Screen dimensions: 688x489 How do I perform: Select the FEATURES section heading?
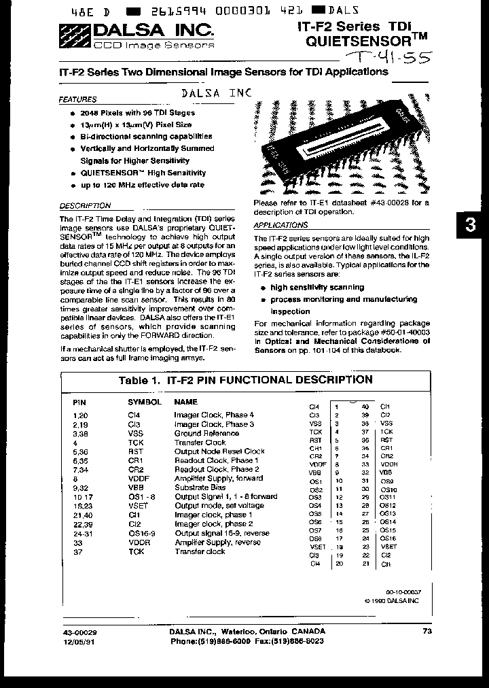click(x=77, y=99)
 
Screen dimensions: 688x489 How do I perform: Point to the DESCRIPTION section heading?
click(x=85, y=205)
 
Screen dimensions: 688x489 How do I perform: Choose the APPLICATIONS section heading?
click(x=280, y=224)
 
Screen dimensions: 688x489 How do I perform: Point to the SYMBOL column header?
click(x=145, y=402)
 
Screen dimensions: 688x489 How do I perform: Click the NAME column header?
click(x=185, y=402)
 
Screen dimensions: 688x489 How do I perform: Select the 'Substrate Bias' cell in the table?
click(x=200, y=487)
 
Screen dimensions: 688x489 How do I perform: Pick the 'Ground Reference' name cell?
click(x=206, y=433)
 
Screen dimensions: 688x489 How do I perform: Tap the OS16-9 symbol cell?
click(x=141, y=533)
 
